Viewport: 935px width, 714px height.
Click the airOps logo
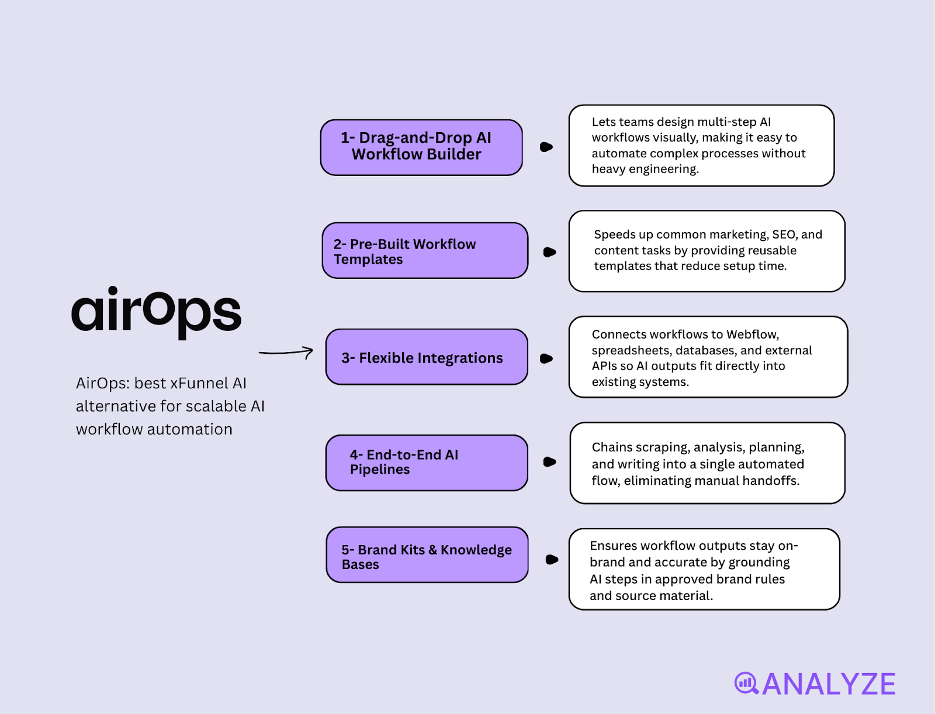click(157, 312)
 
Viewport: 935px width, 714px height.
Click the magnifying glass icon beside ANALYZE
click(746, 684)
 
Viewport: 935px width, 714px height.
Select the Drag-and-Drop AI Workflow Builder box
click(421, 147)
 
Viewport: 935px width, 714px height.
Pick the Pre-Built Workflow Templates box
click(425, 251)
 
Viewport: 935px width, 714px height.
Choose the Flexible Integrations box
click(427, 357)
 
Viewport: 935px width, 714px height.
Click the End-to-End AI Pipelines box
click(427, 463)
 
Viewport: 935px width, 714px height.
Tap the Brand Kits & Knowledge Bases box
click(427, 554)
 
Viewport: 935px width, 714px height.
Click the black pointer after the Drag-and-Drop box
click(546, 147)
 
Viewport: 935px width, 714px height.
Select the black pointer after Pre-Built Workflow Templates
click(549, 253)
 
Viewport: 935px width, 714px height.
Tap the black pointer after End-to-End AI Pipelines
click(549, 462)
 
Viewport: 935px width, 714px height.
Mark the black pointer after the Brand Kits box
click(552, 560)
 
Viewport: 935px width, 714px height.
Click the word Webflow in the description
click(753, 334)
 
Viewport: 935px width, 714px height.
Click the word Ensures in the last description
click(612, 546)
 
